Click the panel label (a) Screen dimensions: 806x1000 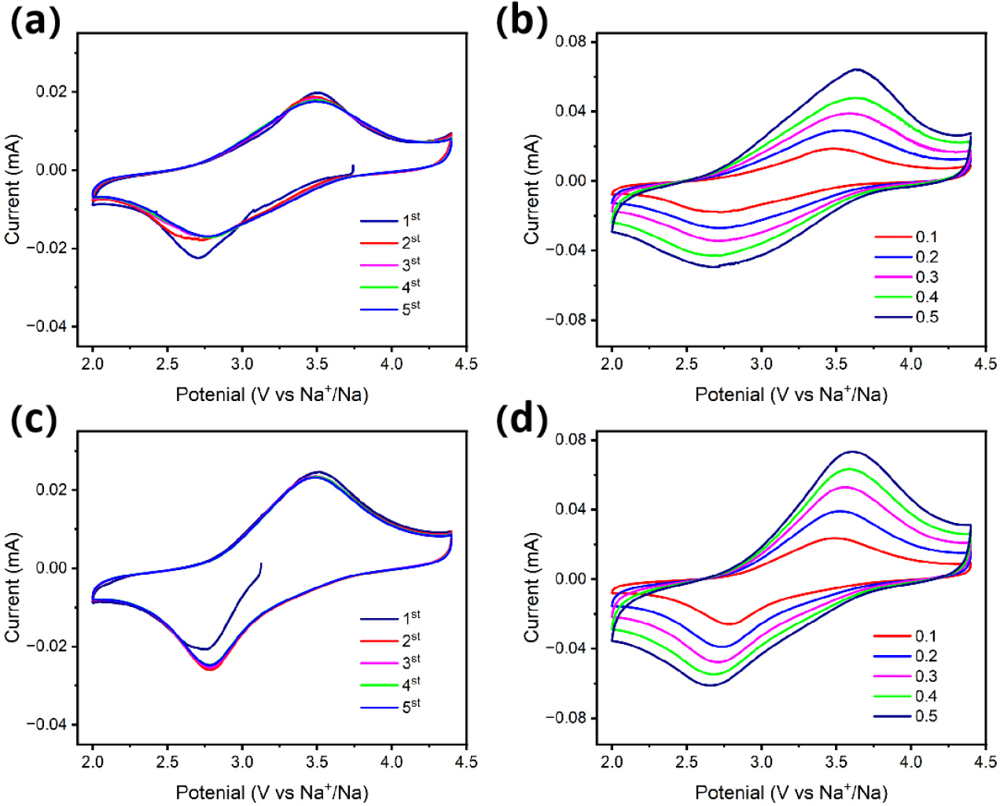point(35,23)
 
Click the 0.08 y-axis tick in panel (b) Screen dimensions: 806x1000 point(571,41)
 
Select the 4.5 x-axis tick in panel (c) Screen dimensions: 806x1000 point(466,761)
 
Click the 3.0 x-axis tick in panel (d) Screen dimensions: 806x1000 point(761,761)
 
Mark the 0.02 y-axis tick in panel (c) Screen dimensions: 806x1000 point(52,489)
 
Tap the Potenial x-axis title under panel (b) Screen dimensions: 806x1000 point(791,394)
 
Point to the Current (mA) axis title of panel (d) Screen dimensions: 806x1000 point(532,587)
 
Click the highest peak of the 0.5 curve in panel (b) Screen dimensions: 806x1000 point(856,69)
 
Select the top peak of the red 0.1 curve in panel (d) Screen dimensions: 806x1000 point(833,539)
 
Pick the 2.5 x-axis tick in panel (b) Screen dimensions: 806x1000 point(686,363)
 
